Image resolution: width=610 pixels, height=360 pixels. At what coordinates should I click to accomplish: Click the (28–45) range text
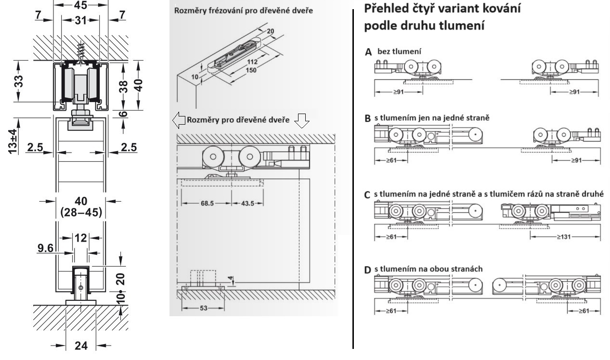pyautogui.click(x=80, y=212)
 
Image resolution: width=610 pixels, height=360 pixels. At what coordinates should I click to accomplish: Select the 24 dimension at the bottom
pyautogui.click(x=80, y=346)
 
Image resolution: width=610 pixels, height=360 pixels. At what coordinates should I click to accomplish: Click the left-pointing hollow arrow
pyautogui.click(x=178, y=121)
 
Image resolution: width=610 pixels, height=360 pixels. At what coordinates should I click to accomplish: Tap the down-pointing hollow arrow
pyautogui.click(x=301, y=121)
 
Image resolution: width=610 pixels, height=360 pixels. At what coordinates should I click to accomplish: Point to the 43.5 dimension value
pyautogui.click(x=247, y=204)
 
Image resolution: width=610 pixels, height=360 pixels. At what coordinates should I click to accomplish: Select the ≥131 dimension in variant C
pyautogui.click(x=565, y=237)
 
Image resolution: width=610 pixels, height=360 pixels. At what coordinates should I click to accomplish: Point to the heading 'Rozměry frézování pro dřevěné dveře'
pyautogui.click(x=243, y=11)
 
